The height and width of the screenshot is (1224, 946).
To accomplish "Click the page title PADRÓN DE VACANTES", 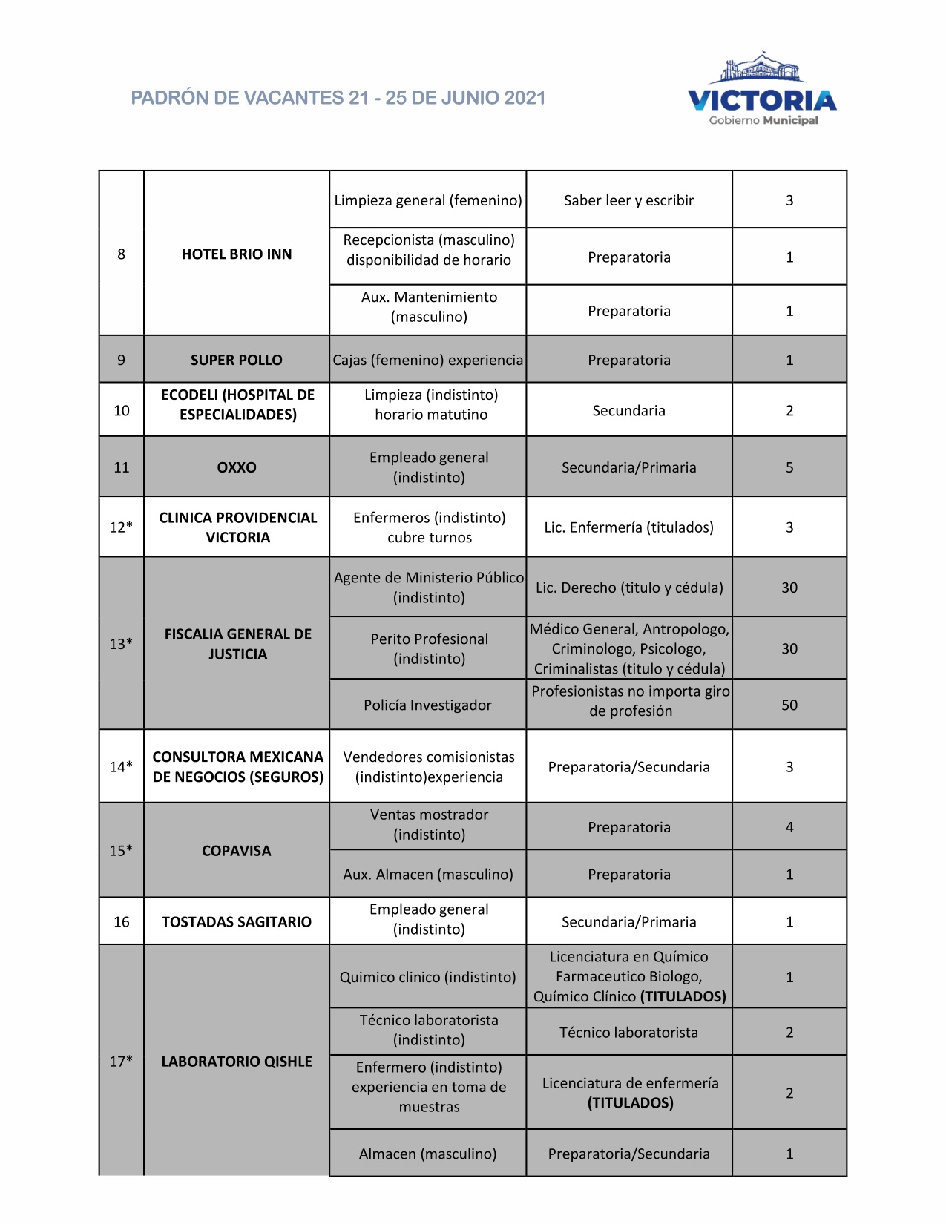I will (338, 98).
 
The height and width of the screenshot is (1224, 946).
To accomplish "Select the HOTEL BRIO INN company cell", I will (237, 254).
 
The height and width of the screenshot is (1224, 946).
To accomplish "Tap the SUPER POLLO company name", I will (237, 360).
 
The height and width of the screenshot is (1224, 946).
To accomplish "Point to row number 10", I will (122, 410).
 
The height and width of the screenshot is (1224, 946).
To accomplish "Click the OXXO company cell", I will (237, 467).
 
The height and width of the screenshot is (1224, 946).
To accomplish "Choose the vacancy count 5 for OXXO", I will (789, 467).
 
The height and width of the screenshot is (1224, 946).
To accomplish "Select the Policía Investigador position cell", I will (427, 705).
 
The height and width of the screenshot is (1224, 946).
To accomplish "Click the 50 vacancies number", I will (789, 705).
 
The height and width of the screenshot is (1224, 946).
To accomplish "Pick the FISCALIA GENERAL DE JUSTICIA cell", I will (237, 644).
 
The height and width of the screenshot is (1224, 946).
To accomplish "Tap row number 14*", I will (121, 766).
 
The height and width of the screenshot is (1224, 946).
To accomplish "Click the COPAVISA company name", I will (237, 851).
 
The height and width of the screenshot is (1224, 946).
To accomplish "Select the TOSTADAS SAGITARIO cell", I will (237, 921).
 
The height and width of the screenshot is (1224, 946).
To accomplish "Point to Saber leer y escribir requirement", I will (628, 200).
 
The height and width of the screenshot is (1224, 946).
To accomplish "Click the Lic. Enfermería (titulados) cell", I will (628, 527).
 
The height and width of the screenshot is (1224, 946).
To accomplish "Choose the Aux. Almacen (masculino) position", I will (428, 874).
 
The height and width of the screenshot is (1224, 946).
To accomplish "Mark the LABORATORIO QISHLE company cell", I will (237, 1062).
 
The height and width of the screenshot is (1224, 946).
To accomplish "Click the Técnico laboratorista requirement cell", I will (628, 1032).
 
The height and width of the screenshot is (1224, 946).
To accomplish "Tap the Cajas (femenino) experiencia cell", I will (428, 360).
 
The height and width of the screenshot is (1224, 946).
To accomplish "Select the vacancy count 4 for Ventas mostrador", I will (789, 827).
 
